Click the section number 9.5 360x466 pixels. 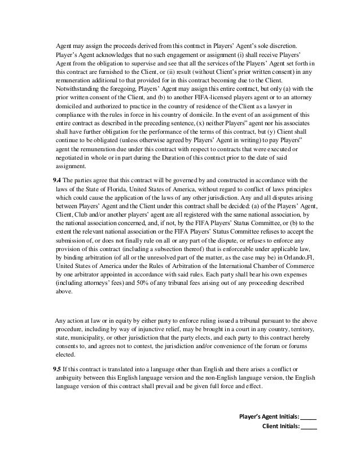click(x=57, y=368)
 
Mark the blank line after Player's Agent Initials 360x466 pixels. click(x=309, y=418)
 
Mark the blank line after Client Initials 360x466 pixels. click(x=309, y=427)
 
